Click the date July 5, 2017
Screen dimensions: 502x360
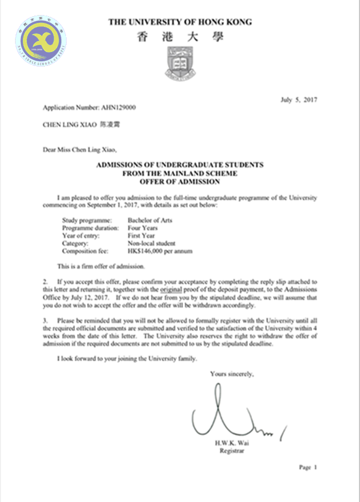299,99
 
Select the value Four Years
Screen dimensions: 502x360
142,229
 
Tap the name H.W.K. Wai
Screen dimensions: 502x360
234,443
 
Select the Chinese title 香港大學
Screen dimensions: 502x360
180,37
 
